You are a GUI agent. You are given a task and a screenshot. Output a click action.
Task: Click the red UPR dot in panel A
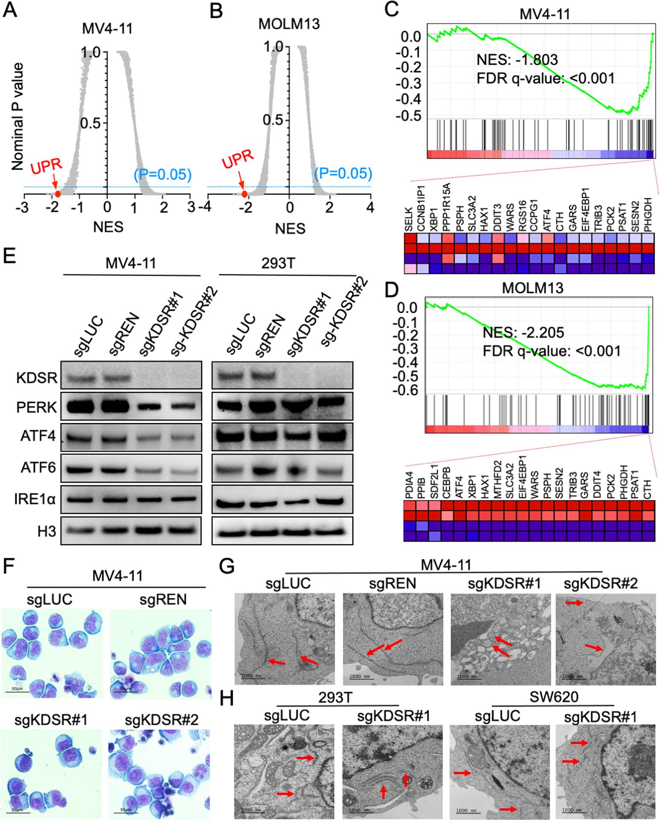pos(58,193)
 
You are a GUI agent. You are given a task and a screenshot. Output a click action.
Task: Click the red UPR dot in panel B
pos(244,194)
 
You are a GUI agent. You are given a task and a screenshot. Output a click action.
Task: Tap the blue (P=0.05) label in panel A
pos(162,174)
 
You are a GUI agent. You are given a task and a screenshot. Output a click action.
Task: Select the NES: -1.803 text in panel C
pos(517,60)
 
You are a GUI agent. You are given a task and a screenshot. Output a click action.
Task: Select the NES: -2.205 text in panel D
pos(523,332)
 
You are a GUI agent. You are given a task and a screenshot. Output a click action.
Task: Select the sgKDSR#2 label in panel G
pos(601,583)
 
